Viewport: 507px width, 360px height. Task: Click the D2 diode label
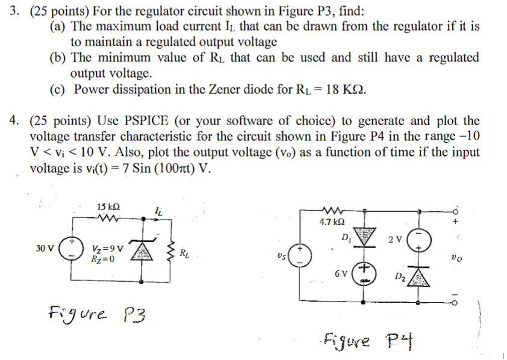coord(399,276)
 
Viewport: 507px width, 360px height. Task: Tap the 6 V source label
coord(340,274)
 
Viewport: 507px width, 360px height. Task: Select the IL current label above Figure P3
coord(158,211)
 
